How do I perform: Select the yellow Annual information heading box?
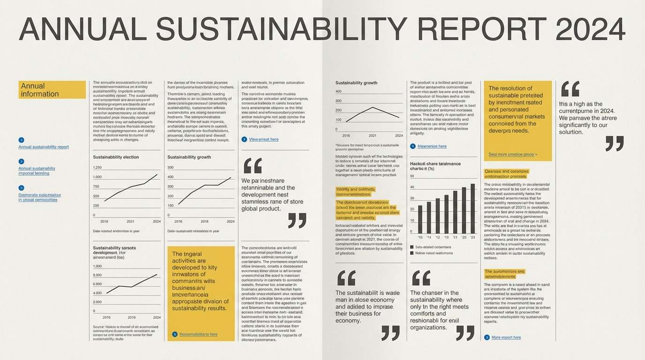(x=52, y=90)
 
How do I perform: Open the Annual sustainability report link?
(x=44, y=147)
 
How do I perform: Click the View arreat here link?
(x=263, y=139)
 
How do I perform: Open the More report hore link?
(x=506, y=337)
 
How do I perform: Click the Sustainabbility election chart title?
(x=116, y=157)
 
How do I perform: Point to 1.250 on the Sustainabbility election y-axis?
(x=97, y=167)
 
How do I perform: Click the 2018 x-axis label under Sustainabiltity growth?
(x=204, y=221)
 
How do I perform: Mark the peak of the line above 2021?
(x=373, y=107)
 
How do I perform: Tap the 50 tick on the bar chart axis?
(x=412, y=176)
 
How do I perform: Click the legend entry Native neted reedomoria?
(x=434, y=253)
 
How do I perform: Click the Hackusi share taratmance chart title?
(x=435, y=166)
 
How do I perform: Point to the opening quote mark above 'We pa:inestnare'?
(x=253, y=165)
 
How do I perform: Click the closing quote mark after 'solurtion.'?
(x=615, y=143)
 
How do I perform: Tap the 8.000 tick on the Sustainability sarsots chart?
(x=97, y=275)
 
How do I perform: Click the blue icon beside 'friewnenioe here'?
(x=412, y=146)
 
